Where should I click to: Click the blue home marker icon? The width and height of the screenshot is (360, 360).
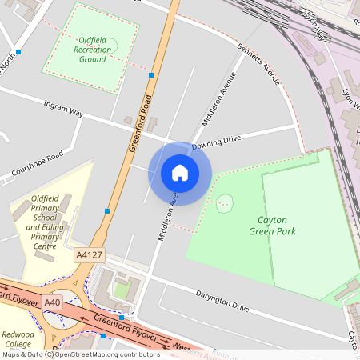click(180, 172)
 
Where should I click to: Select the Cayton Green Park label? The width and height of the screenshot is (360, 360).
click(277, 226)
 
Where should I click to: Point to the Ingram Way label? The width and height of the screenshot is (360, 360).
click(65, 109)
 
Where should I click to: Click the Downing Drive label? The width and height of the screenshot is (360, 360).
click(216, 141)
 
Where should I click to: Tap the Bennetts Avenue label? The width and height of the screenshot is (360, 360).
click(259, 64)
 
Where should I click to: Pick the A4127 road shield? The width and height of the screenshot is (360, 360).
click(88, 254)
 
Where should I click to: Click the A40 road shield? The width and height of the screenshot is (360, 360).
click(53, 302)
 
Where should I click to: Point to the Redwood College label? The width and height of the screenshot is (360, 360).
click(18, 340)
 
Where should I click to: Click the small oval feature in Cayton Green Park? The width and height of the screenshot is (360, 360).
click(225, 202)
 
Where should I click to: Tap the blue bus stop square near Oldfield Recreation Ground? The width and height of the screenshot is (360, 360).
click(151, 74)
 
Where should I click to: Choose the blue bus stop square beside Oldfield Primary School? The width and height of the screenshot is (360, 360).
click(107, 211)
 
